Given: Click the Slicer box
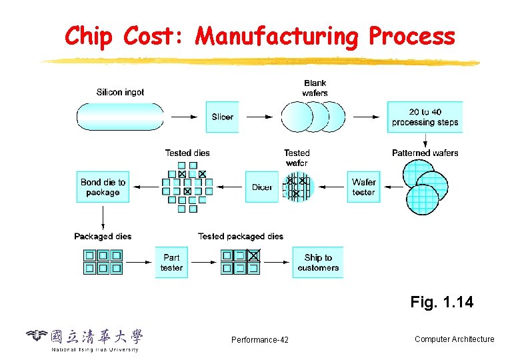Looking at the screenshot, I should pos(222,117).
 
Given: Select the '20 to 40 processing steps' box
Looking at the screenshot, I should pos(425,117).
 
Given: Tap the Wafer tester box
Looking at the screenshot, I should pos(364,187).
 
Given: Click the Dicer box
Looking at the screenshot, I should pos(262,187).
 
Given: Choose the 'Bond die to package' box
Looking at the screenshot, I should pos(103,187).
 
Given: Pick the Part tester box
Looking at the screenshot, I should pos(171,262).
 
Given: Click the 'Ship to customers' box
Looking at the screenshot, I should pos(318,262).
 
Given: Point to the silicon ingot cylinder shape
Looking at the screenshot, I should pos(120,117).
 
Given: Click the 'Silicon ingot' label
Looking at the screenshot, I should pos(120,92).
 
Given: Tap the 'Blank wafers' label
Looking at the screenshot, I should pos(315,88).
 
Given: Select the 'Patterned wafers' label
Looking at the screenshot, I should pos(425,153).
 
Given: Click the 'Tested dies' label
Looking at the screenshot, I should pos(187,153).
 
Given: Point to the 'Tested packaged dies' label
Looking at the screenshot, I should pos(240,236).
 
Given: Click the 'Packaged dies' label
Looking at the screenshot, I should pos(103,236).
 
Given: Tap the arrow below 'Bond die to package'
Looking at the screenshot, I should pos(103,216).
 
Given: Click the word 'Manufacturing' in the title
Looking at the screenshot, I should pos(276,37).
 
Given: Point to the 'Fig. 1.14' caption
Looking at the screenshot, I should pos(441,302).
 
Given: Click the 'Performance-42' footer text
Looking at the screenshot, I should pos(260,340).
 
